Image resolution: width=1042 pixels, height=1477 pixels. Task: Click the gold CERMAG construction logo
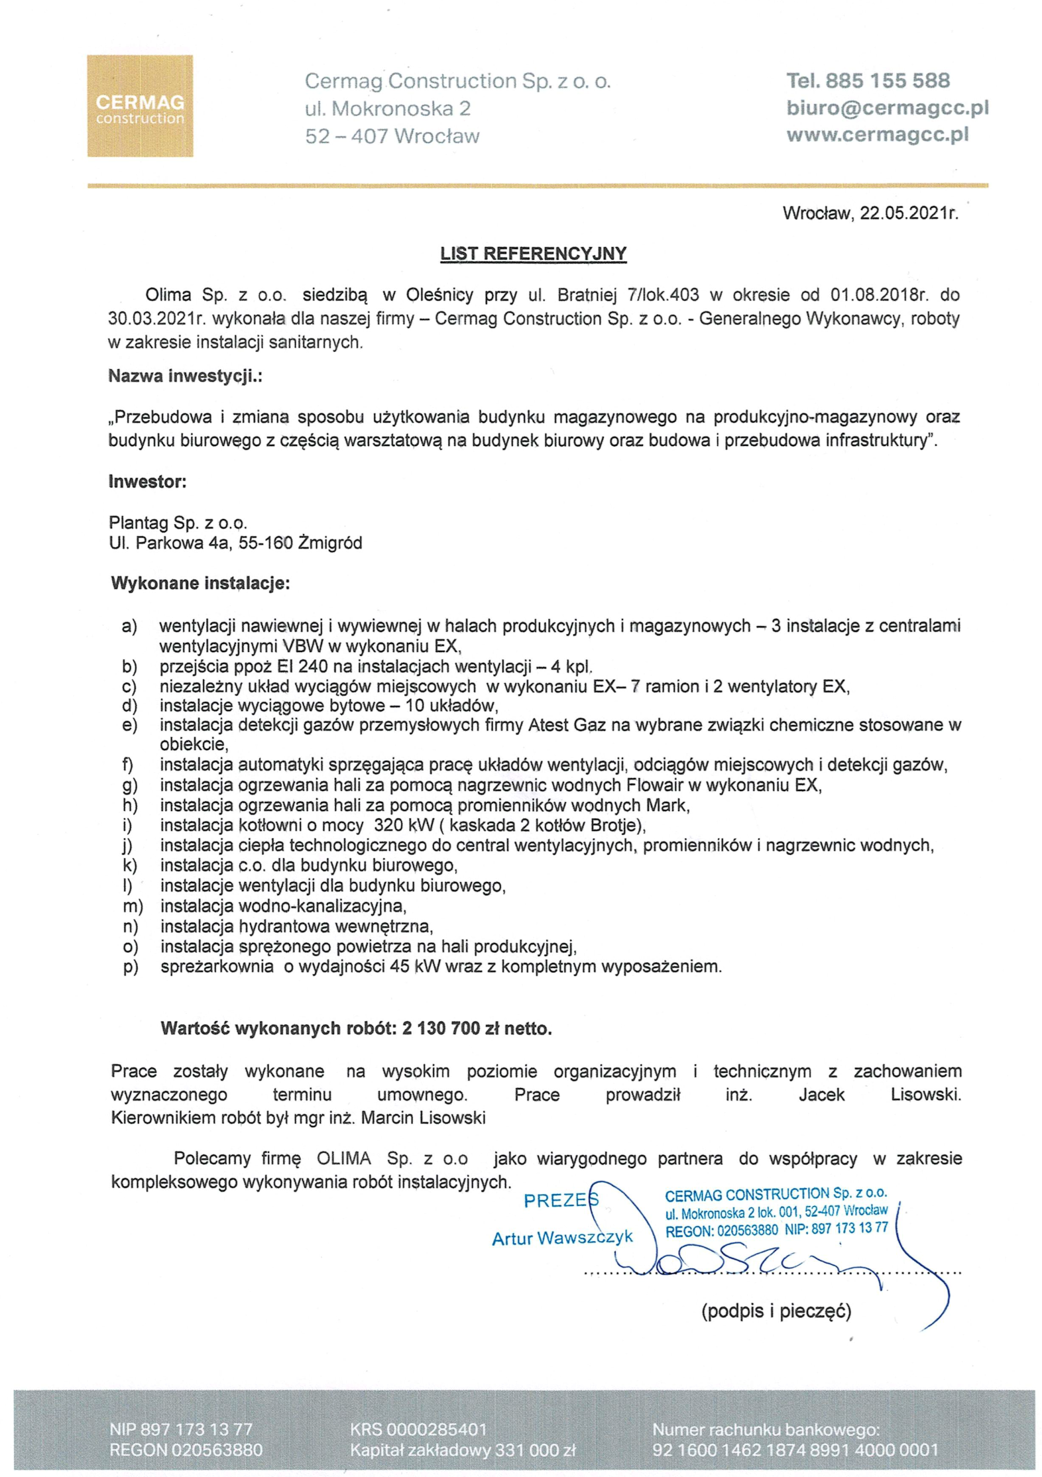point(140,106)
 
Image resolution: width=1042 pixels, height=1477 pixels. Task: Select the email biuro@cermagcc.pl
point(887,108)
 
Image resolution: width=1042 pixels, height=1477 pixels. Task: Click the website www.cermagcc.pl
point(877,135)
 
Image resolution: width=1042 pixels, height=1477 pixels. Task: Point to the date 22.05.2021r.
point(908,213)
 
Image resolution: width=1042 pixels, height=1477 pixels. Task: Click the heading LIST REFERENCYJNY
point(533,254)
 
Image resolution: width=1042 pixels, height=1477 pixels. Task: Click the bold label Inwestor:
point(147,482)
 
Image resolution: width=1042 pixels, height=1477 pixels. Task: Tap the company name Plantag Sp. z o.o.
point(178,523)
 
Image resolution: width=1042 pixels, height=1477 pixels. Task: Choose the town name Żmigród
point(330,543)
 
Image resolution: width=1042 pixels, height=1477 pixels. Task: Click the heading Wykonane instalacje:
point(200,583)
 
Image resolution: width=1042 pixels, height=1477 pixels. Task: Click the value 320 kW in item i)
point(404,826)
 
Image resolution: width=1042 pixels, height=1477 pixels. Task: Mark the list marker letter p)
point(131,967)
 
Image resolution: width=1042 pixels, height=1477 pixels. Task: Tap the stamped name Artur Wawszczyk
point(562,1238)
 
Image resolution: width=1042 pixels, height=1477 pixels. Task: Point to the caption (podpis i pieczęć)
point(776,1310)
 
